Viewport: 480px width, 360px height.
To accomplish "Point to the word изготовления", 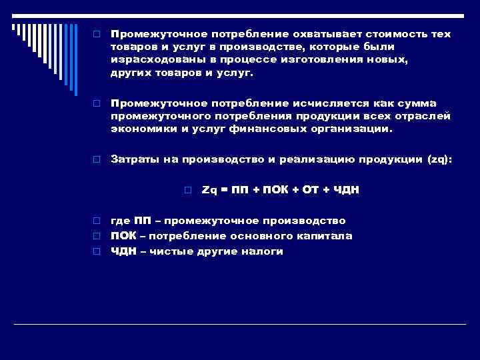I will click(324, 60).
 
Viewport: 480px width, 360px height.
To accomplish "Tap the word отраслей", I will click(423, 116).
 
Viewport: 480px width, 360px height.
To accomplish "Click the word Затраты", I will click(133, 159).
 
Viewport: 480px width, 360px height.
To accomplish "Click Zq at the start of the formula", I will click(209, 190).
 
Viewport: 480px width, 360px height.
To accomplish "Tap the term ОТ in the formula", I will click(310, 190).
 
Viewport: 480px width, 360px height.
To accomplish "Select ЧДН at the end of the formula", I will click(346, 190).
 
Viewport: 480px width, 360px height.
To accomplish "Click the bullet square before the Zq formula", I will click(189, 191).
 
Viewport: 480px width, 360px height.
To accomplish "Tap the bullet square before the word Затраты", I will click(97, 160).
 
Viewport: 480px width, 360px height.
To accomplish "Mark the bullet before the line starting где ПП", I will click(97, 221).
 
